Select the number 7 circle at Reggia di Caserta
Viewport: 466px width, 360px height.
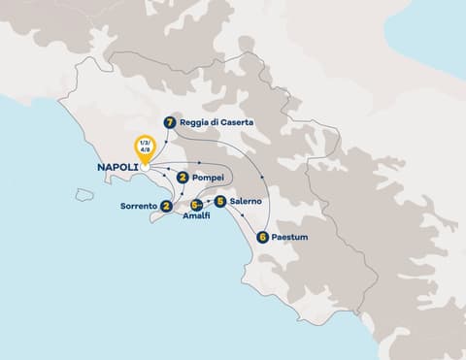170,123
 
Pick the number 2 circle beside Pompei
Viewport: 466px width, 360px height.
182,178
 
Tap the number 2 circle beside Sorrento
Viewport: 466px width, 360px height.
168,206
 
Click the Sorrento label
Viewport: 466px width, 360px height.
138,206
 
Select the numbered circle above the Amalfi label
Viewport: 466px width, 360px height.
196,205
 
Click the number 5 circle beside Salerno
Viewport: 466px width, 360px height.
220,202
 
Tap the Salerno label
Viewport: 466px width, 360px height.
248,202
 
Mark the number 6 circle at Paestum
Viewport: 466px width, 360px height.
263,236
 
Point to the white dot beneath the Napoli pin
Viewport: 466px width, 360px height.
144,166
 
